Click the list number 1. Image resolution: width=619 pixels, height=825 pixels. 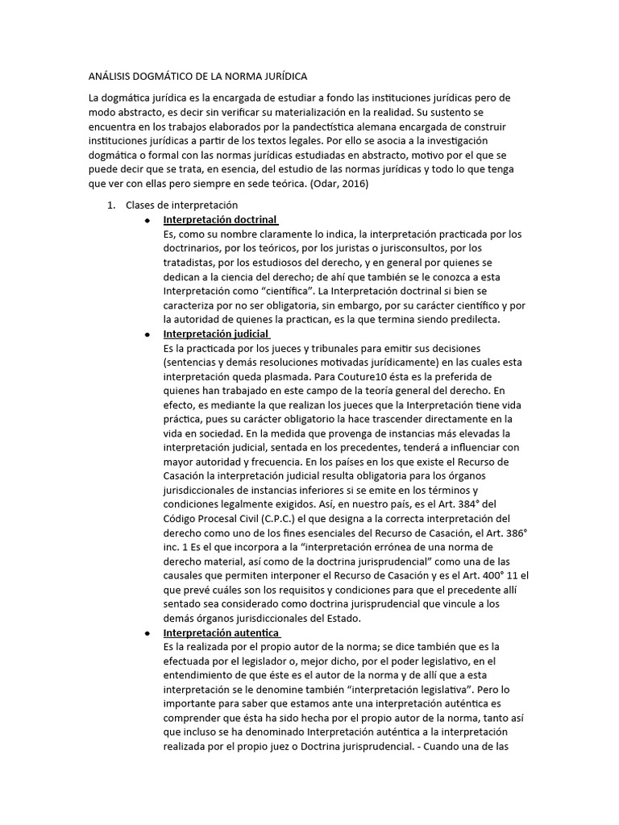point(112,205)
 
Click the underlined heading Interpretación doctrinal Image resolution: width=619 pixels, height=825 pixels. point(220,220)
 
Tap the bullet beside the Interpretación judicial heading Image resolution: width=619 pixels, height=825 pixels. point(147,334)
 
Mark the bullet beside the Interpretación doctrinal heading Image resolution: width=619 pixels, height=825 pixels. point(147,220)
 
